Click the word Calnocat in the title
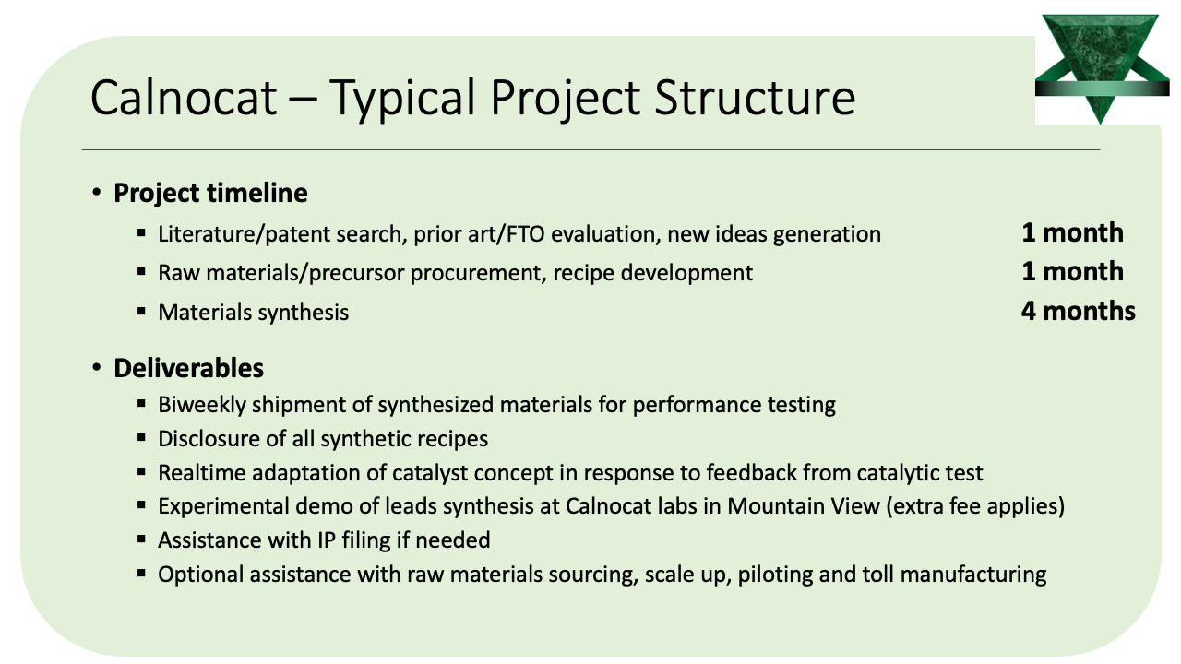(x=184, y=98)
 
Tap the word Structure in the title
(x=755, y=98)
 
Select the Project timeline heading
(x=210, y=193)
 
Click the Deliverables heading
(x=189, y=368)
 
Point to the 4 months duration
(x=1079, y=311)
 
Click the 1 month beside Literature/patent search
(x=1072, y=232)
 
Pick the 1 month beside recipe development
(x=1072, y=271)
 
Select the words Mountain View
(x=804, y=506)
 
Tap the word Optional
(x=201, y=575)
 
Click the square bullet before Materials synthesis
(x=141, y=311)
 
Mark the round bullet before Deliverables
(x=96, y=367)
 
